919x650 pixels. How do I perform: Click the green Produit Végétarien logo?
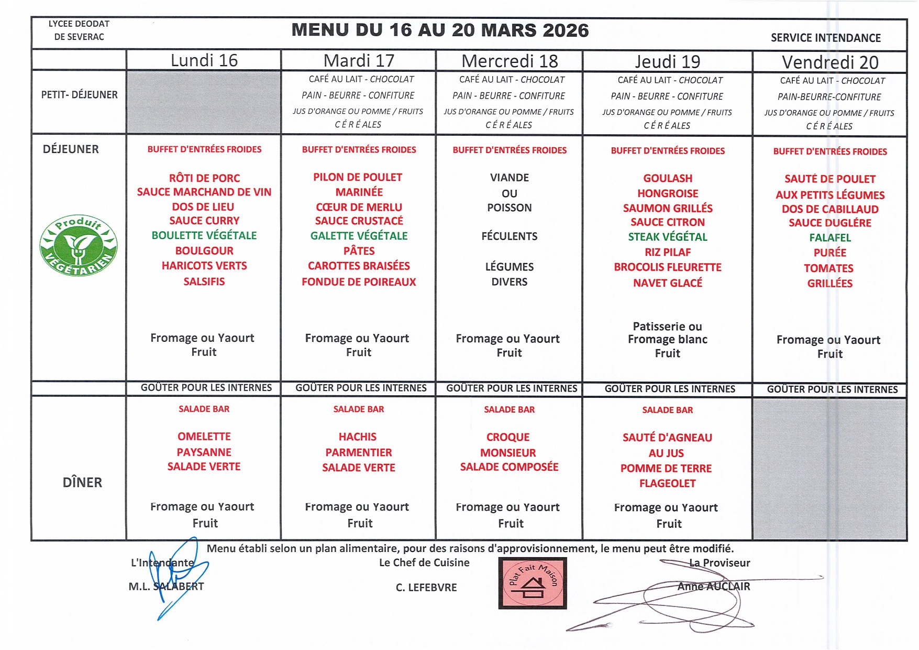coord(79,246)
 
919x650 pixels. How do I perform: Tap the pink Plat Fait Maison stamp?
coord(532,583)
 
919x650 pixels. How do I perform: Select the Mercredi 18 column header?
coord(510,61)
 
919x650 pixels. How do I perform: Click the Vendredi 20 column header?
coord(830,62)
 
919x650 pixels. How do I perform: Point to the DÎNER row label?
coord(82,482)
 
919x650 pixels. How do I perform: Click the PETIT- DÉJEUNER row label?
coord(80,95)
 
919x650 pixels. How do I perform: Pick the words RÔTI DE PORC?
coord(204,178)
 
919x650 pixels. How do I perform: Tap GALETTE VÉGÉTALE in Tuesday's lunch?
coord(359,236)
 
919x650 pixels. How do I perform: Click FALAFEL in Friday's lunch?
coord(830,238)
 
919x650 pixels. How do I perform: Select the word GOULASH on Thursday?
coord(668,179)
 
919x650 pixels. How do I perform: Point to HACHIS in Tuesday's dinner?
coord(358,437)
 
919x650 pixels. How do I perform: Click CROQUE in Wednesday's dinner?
coord(508,437)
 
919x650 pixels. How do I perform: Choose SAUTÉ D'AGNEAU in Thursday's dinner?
coord(667,438)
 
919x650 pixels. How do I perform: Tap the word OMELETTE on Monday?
coord(204,437)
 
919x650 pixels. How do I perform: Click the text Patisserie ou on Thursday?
coord(667,327)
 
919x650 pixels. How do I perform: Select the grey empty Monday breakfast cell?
coord(204,102)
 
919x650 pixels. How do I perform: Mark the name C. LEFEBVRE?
coord(426,588)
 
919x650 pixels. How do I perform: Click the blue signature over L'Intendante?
coord(175,574)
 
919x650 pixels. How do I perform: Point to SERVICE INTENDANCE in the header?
coord(826,38)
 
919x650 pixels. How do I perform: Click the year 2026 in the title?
coord(566,30)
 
